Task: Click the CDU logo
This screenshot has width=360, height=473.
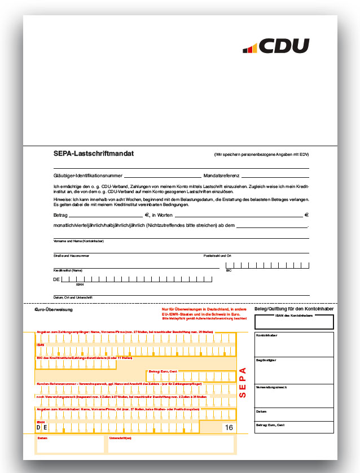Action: tap(276, 46)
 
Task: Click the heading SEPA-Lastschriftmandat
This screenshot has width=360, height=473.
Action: tap(94, 154)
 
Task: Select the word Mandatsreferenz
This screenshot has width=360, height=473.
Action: tap(221, 176)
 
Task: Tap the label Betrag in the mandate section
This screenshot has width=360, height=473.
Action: tap(60, 215)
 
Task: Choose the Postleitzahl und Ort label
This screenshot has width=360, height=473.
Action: tap(217, 256)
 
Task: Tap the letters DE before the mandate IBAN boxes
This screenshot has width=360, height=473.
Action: tap(56, 279)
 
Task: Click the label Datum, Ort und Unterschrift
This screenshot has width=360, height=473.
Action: tap(72, 297)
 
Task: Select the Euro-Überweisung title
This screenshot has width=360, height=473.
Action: tap(50, 310)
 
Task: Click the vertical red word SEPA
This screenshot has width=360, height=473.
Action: tap(243, 383)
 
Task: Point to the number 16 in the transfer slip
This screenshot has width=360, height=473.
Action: tap(229, 427)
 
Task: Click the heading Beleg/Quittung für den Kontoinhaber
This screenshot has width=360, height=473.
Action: tap(294, 309)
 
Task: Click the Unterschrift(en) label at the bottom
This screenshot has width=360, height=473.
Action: tap(120, 438)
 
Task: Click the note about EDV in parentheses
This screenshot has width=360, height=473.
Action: tap(261, 154)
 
